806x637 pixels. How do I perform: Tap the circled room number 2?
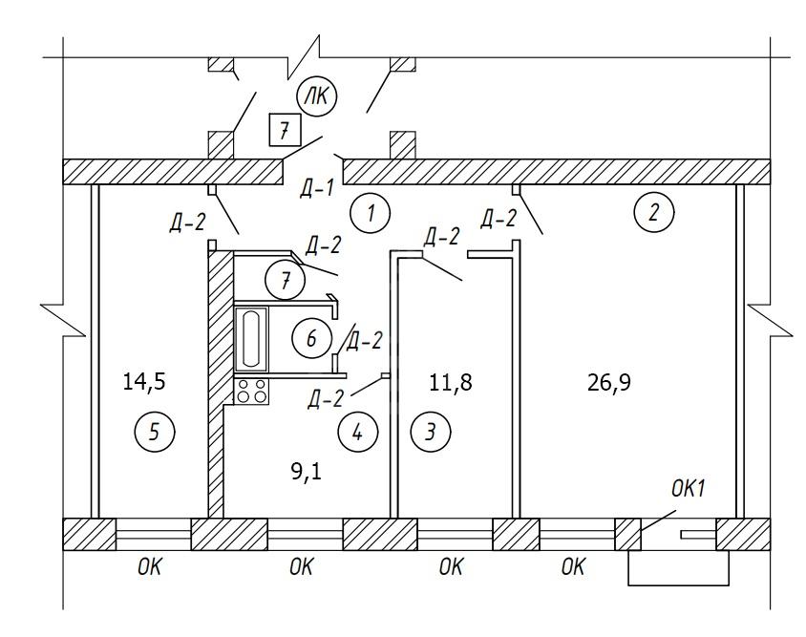click(654, 212)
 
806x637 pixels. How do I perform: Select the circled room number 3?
click(430, 433)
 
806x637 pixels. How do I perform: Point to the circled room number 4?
click(357, 433)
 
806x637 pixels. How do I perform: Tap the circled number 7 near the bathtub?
click(284, 282)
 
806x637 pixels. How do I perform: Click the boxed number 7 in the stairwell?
click(285, 128)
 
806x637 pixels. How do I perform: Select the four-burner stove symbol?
click(252, 390)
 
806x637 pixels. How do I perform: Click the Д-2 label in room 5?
click(186, 223)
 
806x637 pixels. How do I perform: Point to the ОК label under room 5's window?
click(149, 568)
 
